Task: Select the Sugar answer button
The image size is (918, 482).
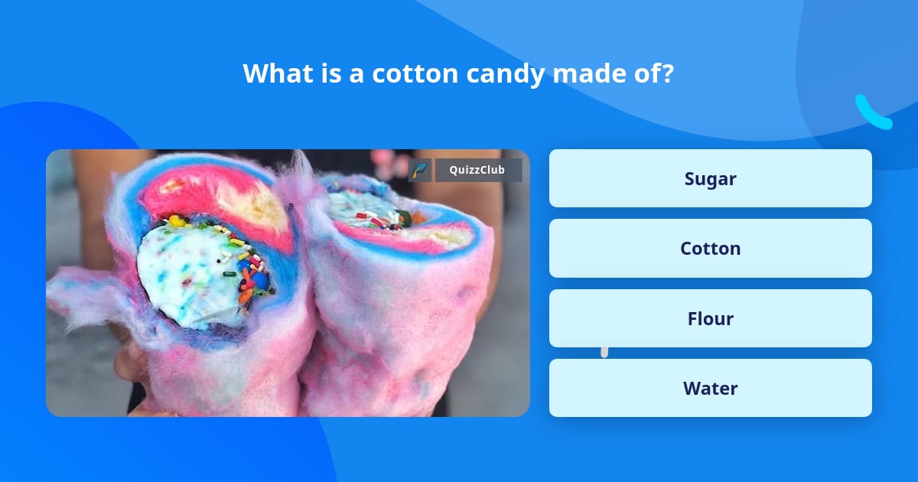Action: pos(710,178)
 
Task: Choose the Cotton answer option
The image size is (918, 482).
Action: pos(710,249)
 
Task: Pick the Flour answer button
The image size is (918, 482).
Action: pos(710,318)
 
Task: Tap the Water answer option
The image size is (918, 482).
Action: pos(710,388)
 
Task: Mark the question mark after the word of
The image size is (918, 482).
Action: pos(669,73)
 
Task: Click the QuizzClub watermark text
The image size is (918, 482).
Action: pos(477,170)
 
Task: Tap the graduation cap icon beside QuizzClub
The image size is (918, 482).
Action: pos(420,170)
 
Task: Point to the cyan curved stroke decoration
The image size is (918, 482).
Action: pos(872,113)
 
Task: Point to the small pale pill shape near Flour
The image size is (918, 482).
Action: pos(604,351)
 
